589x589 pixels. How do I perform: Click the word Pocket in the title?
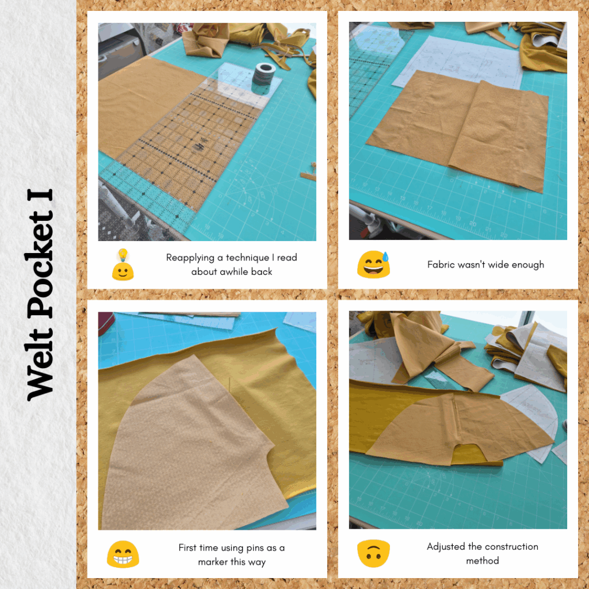pyautogui.click(x=40, y=265)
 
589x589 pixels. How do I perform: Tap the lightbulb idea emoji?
pyautogui.click(x=123, y=265)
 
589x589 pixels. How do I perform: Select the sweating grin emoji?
pyautogui.click(x=373, y=265)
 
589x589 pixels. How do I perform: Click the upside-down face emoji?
pyautogui.click(x=373, y=553)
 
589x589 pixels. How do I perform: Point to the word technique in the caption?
pyautogui.click(x=247, y=258)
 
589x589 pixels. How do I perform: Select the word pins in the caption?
pyautogui.click(x=255, y=548)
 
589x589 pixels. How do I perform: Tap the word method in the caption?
pyautogui.click(x=483, y=561)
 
